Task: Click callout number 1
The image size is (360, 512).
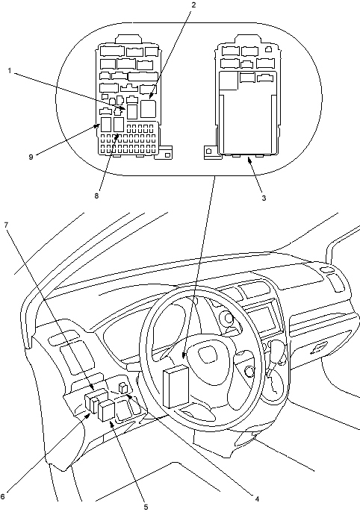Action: pyautogui.click(x=10, y=71)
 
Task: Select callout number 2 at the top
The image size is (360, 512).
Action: pyautogui.click(x=193, y=4)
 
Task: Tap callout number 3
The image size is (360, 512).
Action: pyautogui.click(x=264, y=198)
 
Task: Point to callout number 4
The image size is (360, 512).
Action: pyautogui.click(x=257, y=499)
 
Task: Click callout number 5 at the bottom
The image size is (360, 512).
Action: pyautogui.click(x=146, y=507)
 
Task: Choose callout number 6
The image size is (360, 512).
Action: pyautogui.click(x=2, y=496)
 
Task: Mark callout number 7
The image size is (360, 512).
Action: pyautogui.click(x=6, y=225)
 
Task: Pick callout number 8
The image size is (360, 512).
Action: pyautogui.click(x=96, y=196)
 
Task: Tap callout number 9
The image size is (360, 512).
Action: pyautogui.click(x=31, y=157)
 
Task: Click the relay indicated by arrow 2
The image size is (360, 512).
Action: pyautogui.click(x=149, y=109)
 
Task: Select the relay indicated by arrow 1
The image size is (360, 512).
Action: pyautogui.click(x=132, y=112)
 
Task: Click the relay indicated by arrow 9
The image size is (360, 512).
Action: pyautogui.click(x=106, y=125)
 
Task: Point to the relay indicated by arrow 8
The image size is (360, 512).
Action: pyautogui.click(x=119, y=125)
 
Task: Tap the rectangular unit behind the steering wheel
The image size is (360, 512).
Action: pyautogui.click(x=176, y=387)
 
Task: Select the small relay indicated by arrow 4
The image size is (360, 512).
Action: pyautogui.click(x=123, y=388)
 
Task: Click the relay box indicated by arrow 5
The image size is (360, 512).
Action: pyautogui.click(x=106, y=411)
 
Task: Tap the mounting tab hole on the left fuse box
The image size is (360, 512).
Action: pyautogui.click(x=167, y=155)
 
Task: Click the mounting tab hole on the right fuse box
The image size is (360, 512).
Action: pyautogui.click(x=208, y=152)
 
